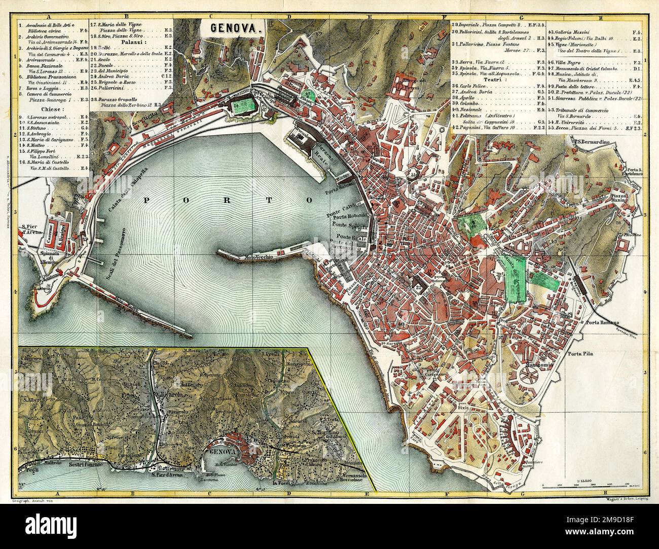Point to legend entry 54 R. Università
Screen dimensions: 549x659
[572, 122]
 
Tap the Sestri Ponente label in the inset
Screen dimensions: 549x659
[82, 464]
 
